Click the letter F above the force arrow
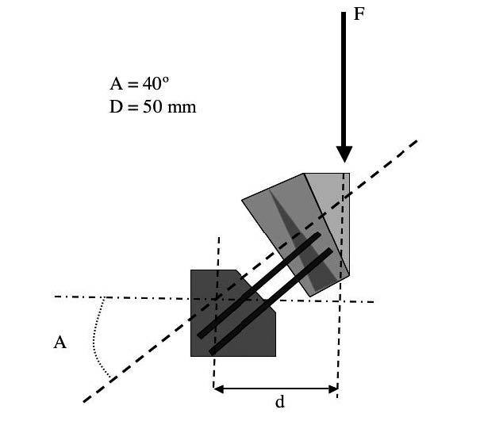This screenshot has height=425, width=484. (359, 14)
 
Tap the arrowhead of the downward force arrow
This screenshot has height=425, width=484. (344, 154)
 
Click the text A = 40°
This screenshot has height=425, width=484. (140, 83)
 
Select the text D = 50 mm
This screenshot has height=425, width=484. (153, 107)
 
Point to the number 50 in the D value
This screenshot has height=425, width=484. (152, 107)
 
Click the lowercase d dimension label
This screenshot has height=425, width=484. (279, 402)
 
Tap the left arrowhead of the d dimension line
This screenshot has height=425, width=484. (218, 389)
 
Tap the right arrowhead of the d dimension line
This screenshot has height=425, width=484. (333, 389)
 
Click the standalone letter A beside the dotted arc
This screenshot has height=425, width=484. (60, 343)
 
